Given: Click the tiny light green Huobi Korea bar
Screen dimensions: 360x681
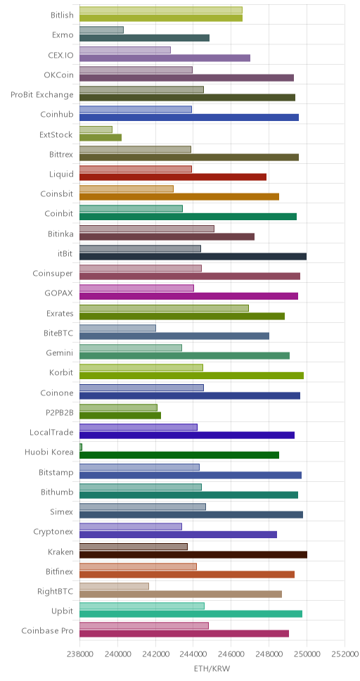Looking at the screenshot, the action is [81, 447].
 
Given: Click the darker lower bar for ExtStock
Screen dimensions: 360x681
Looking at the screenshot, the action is [101, 137].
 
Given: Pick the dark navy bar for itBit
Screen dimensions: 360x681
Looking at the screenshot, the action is [193, 256].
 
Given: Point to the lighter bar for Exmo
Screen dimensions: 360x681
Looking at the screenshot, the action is [102, 30].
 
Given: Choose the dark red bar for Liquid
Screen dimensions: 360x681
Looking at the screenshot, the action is [173, 177].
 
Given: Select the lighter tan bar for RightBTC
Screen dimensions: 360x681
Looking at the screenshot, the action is [114, 586].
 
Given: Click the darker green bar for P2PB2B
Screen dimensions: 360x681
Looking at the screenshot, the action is [120, 415].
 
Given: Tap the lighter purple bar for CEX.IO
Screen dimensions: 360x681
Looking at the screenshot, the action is [125, 50].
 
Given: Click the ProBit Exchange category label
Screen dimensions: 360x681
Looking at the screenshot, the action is [42, 95].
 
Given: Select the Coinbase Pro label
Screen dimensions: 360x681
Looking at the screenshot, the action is [47, 630].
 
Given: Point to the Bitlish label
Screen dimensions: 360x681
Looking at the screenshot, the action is [62, 15].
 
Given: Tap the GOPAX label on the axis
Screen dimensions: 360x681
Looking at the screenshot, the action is [59, 293].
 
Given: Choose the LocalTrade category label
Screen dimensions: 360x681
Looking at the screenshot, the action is [51, 432].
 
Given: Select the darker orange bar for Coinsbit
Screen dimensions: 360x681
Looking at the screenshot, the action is [179, 197].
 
